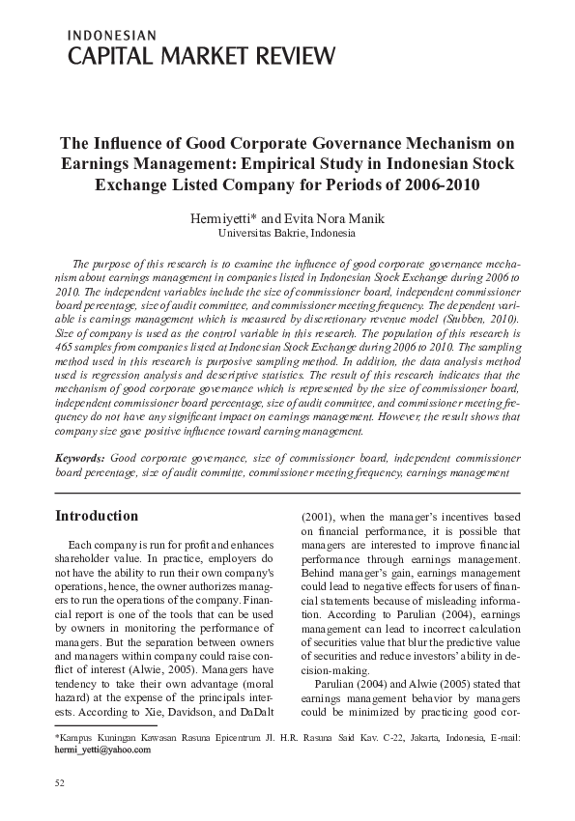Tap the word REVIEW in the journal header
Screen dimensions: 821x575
[x=290, y=56]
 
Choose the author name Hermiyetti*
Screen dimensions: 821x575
[x=229, y=218]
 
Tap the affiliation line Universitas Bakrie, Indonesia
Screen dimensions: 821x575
[x=287, y=234]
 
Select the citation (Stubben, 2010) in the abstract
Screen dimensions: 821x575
[x=480, y=317]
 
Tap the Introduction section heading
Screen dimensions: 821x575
[x=97, y=516]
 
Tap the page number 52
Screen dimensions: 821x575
[x=60, y=779]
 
